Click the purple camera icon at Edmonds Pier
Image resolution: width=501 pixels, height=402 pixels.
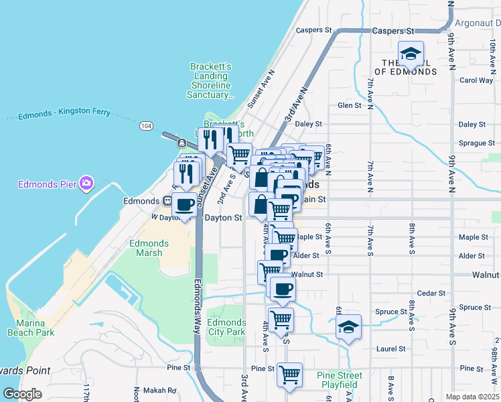pyautogui.click(x=86, y=183)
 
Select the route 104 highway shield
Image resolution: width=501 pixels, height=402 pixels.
pyautogui.click(x=146, y=125)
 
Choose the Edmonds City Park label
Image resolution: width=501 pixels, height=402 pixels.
pyautogui.click(x=226, y=327)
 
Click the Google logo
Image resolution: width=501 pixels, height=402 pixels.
pyautogui.click(x=22, y=394)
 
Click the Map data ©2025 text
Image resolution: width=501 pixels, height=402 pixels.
pyautogui.click(x=473, y=397)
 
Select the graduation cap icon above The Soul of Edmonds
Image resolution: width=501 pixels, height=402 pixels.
pyautogui.click(x=411, y=53)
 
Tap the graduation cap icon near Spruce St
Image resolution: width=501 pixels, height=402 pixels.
pyautogui.click(x=348, y=327)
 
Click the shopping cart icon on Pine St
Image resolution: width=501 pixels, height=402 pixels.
pyautogui.click(x=289, y=374)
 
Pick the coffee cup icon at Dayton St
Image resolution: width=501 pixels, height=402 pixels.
pyautogui.click(x=184, y=204)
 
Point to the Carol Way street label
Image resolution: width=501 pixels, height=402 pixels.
pyautogui.click(x=476, y=80)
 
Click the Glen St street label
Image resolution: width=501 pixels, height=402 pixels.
pyautogui.click(x=349, y=105)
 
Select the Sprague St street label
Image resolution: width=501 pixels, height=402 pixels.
pyautogui.click(x=472, y=143)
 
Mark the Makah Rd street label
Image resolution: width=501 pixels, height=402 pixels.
pyautogui.click(x=163, y=391)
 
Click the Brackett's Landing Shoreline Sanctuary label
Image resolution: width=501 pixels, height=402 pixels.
pyautogui.click(x=211, y=80)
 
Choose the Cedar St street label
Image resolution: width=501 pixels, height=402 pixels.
pyautogui.click(x=431, y=293)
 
